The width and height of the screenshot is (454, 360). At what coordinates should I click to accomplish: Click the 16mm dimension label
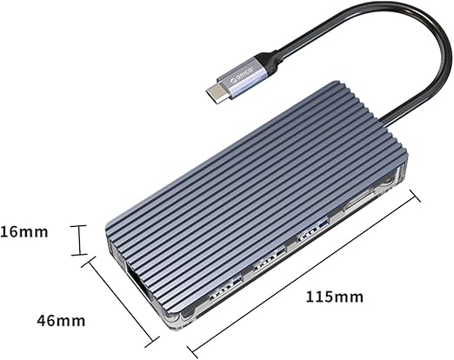click(23, 232)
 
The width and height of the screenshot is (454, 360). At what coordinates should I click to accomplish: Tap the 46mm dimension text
click(61, 321)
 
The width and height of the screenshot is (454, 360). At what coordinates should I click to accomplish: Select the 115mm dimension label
click(335, 297)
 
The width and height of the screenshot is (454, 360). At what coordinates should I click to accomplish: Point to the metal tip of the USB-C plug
click(217, 92)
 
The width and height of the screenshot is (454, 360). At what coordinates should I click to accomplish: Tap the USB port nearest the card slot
click(312, 231)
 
